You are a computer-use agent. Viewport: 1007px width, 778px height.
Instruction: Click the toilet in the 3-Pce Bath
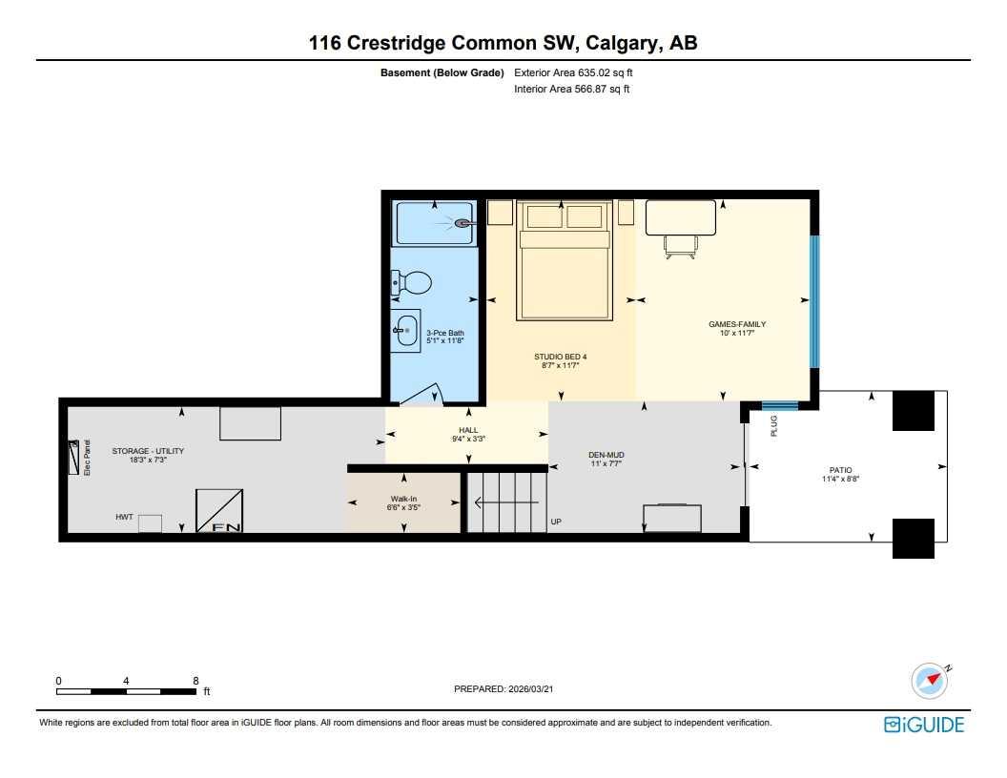click(x=412, y=282)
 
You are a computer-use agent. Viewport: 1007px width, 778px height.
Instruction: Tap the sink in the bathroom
click(x=406, y=330)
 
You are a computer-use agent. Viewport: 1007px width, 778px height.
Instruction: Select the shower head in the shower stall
click(x=462, y=223)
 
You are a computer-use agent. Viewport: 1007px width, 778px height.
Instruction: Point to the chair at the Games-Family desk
click(x=680, y=247)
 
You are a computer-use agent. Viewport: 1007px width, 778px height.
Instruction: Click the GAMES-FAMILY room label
click(x=736, y=324)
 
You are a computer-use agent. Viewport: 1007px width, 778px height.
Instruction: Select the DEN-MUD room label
click(x=606, y=455)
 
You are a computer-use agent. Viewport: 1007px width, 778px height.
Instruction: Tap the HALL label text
click(x=468, y=430)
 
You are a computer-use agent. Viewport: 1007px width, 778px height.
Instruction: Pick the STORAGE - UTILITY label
click(x=148, y=451)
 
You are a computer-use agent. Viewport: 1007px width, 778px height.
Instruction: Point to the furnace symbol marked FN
click(x=219, y=511)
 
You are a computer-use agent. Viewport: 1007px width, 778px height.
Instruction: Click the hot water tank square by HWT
click(x=150, y=523)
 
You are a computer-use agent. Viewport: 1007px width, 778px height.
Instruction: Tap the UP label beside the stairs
click(x=556, y=522)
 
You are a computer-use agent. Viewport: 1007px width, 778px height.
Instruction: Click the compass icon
click(x=929, y=680)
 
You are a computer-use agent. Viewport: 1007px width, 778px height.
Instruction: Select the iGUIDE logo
click(x=924, y=725)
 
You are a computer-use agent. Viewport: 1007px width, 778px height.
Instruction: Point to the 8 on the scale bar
click(x=195, y=681)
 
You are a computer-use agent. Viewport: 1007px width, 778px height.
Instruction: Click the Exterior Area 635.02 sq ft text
click(x=571, y=72)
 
